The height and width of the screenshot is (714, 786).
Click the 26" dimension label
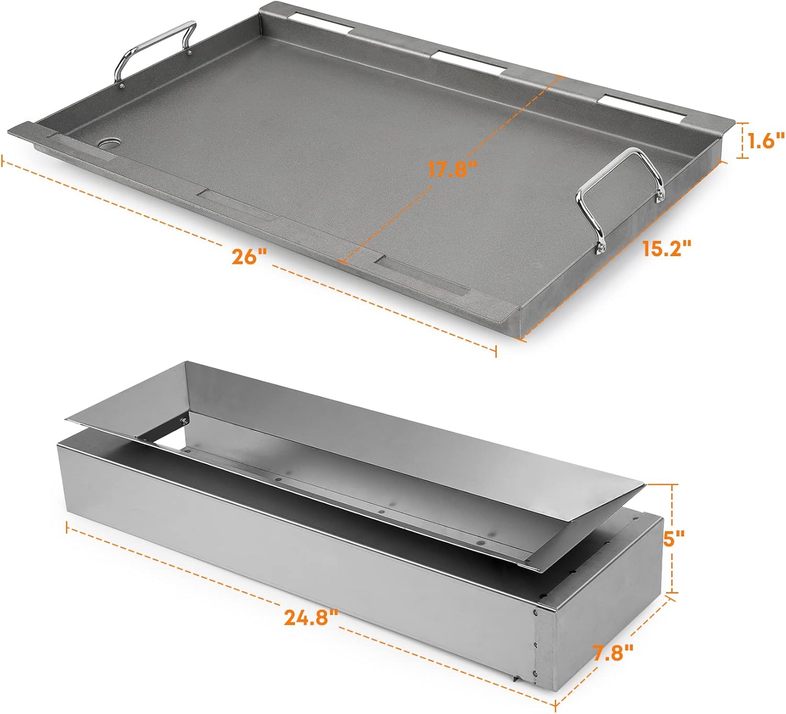pyautogui.click(x=249, y=257)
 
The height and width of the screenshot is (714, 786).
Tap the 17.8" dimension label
pyautogui.click(x=452, y=170)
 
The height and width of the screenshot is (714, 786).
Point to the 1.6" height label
pyautogui.click(x=767, y=141)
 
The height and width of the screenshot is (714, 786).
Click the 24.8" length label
pyautogui.click(x=311, y=618)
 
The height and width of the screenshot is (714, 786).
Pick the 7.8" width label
pyautogui.click(x=613, y=653)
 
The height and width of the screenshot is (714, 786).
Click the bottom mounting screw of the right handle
pyautogui.click(x=599, y=248)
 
